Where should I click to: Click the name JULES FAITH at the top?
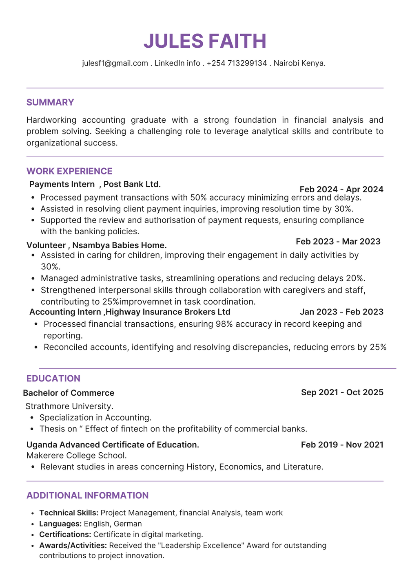[205, 41]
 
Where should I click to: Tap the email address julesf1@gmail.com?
[115, 63]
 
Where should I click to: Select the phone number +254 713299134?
[237, 63]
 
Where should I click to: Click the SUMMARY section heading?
[50, 102]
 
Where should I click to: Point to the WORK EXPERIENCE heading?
[69, 171]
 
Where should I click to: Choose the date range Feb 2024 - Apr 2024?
[341, 189]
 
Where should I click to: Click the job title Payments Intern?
[62, 184]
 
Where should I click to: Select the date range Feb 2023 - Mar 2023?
[338, 241]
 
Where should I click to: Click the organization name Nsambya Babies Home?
[119, 245]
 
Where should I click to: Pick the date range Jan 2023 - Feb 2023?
[341, 312]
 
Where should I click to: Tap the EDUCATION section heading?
[53, 379]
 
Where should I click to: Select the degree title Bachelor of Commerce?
[69, 393]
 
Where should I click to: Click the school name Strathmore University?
[69, 406]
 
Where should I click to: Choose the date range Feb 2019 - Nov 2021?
[342, 445]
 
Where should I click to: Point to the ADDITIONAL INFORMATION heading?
[87, 495]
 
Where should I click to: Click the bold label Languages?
[60, 524]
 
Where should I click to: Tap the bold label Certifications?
[65, 534]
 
